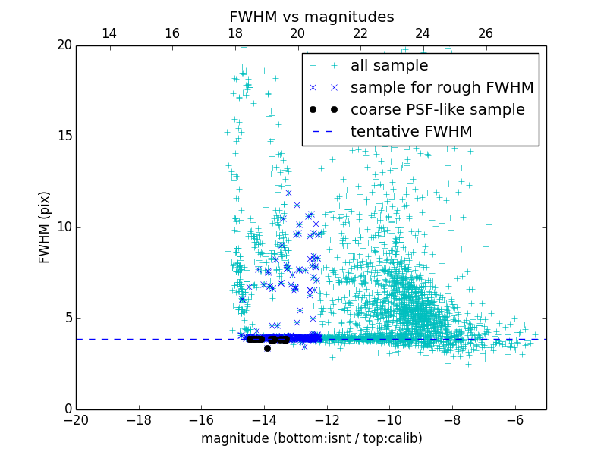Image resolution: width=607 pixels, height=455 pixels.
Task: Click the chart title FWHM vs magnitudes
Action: click(x=311, y=17)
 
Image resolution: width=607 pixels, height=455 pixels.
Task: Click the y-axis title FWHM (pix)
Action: click(x=44, y=227)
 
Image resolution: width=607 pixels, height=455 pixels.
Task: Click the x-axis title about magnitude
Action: click(x=311, y=438)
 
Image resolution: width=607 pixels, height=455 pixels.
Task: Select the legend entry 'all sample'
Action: click(x=388, y=66)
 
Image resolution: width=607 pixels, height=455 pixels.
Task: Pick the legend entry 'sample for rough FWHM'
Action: click(x=442, y=88)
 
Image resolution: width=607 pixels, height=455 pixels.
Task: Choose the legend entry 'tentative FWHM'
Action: click(x=410, y=132)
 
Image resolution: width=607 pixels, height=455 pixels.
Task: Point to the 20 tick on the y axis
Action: click(x=64, y=45)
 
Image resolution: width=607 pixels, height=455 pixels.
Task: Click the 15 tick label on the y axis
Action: click(x=64, y=136)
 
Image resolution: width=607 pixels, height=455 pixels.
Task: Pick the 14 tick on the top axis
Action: click(x=109, y=33)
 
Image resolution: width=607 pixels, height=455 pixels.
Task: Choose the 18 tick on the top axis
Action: click(x=235, y=33)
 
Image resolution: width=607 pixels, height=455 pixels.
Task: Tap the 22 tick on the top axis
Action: click(x=360, y=33)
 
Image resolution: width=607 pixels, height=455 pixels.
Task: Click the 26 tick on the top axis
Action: click(x=486, y=33)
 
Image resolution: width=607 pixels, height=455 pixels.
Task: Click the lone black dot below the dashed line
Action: click(x=267, y=348)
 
